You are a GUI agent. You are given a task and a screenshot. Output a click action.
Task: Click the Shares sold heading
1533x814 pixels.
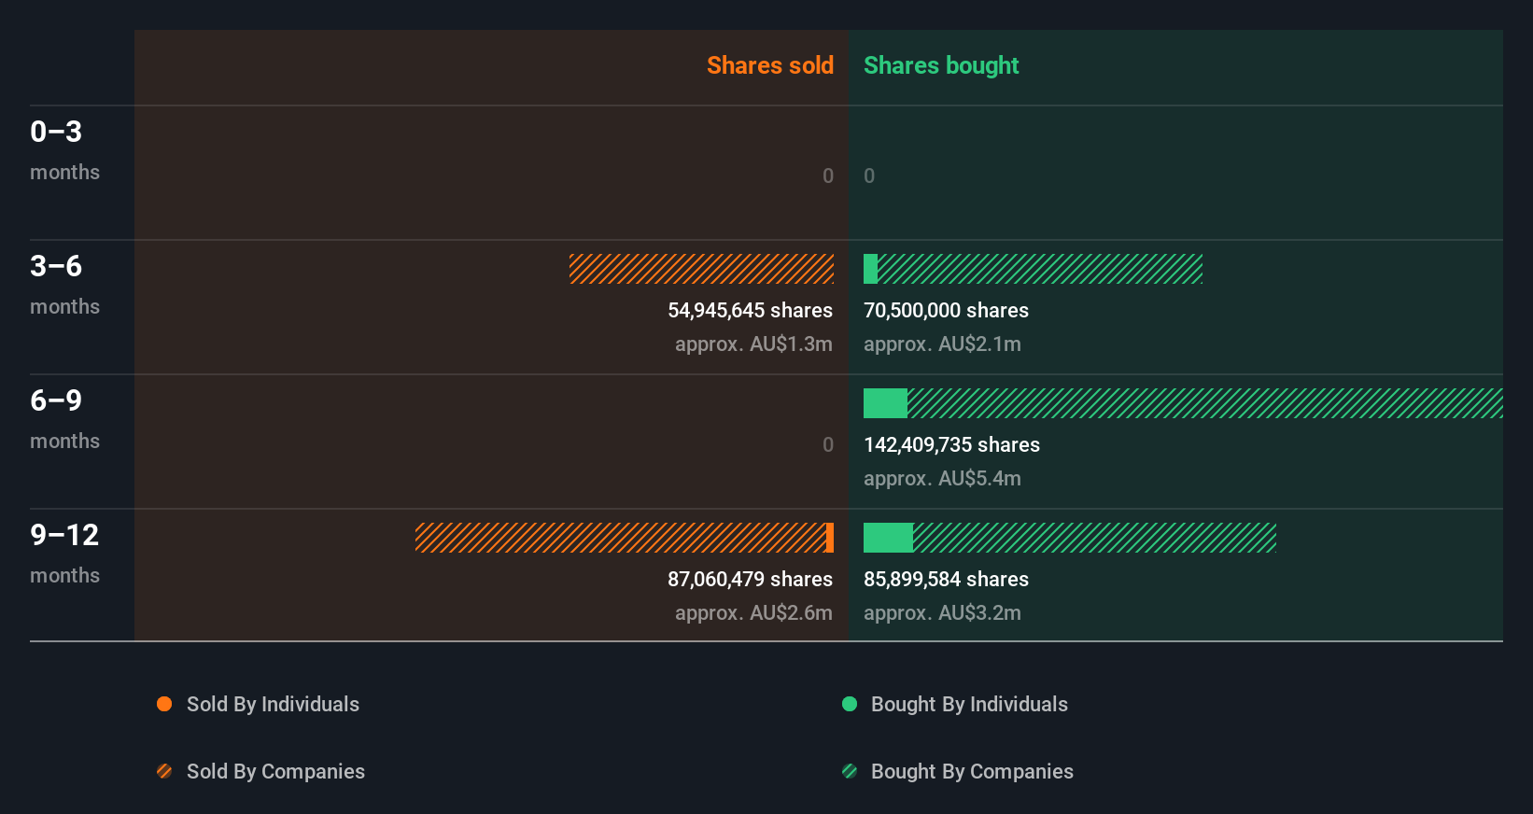click(769, 65)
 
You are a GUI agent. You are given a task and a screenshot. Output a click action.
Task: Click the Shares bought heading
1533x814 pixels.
click(940, 65)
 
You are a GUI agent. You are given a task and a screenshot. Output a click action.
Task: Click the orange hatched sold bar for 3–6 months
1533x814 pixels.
click(701, 269)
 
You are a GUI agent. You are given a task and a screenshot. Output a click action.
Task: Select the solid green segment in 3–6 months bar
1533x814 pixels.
click(870, 269)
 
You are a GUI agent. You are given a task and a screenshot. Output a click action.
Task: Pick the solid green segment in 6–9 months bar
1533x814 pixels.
click(885, 403)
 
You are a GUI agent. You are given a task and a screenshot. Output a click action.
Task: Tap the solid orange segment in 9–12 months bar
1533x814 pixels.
click(830, 538)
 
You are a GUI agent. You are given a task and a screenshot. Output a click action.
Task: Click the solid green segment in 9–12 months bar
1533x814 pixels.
click(888, 538)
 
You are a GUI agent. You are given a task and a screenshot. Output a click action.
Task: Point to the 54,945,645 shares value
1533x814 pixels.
click(750, 310)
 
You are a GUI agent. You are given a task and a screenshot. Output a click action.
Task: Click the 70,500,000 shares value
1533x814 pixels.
click(946, 310)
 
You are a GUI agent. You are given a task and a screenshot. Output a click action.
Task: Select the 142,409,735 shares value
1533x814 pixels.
click(951, 444)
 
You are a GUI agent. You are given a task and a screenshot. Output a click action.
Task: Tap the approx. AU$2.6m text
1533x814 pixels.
click(753, 612)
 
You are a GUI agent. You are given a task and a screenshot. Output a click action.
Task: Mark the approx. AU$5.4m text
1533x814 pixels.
click(942, 478)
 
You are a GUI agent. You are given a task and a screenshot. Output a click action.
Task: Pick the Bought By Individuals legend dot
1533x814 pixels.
click(850, 704)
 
